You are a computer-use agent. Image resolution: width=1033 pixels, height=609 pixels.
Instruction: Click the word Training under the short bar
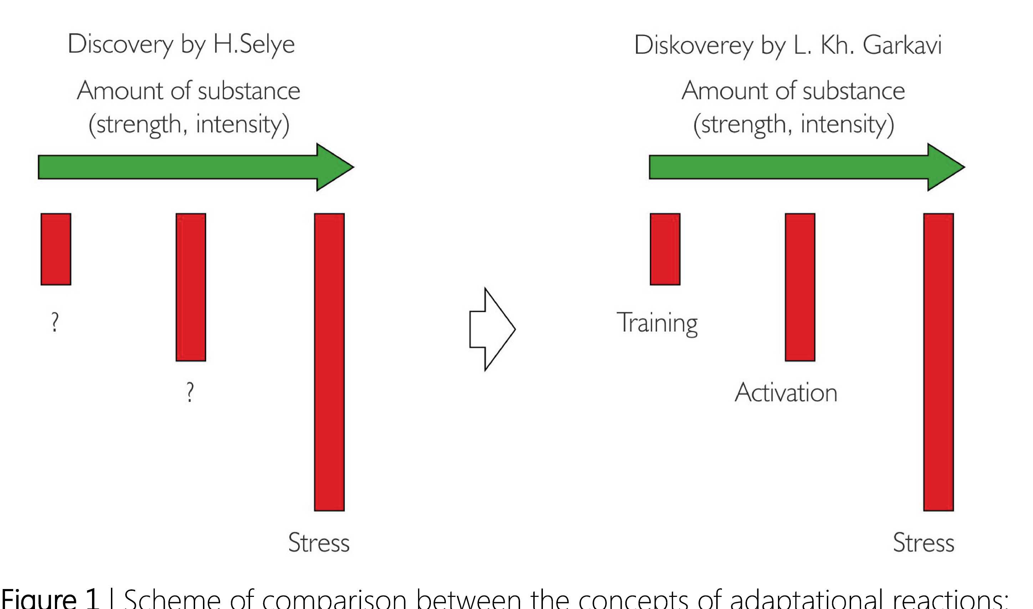(657, 323)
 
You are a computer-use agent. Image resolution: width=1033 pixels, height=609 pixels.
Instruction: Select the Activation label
(785, 393)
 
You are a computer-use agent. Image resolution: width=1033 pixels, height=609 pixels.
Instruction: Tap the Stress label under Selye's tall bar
(319, 543)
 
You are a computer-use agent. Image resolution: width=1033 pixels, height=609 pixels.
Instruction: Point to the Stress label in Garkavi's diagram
(923, 543)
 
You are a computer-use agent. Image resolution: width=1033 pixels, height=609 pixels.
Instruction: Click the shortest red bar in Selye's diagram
(56, 249)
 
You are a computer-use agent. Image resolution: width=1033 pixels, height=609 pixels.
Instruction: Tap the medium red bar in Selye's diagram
(191, 287)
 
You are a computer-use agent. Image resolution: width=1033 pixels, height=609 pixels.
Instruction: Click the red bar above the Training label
(665, 249)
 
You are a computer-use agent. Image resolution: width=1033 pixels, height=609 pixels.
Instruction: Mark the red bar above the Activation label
(800, 287)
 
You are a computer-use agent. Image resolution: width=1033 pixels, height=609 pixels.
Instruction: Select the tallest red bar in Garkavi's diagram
(938, 362)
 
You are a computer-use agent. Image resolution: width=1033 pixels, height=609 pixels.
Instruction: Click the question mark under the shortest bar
(55, 322)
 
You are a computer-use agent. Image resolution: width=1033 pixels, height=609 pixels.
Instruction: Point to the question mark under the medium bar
(189, 392)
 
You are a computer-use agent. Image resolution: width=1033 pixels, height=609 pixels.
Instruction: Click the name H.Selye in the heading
(254, 44)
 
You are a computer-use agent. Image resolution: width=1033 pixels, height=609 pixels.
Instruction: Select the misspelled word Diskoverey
(694, 45)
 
